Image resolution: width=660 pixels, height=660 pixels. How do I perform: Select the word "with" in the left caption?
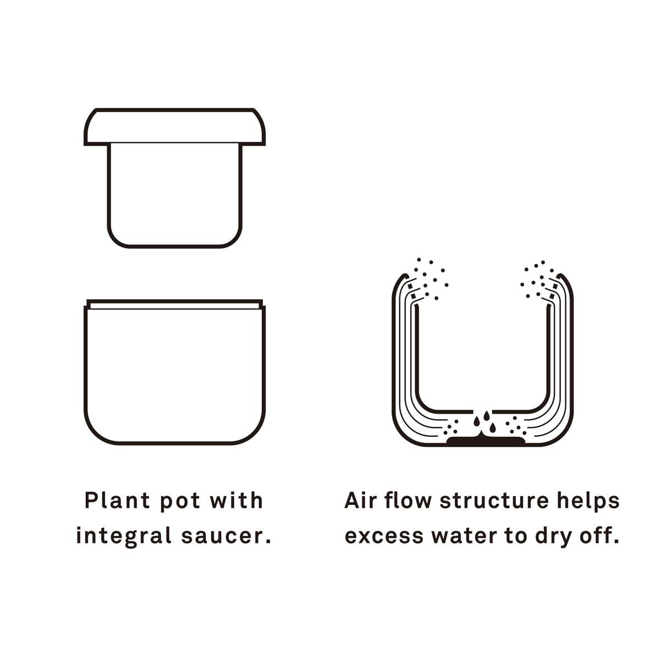pyautogui.click(x=237, y=501)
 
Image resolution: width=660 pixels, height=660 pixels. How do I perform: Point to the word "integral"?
pyautogui.click(x=124, y=536)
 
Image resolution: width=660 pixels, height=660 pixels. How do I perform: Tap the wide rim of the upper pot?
pyautogui.click(x=175, y=127)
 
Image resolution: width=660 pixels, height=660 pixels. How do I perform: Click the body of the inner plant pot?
pyautogui.click(x=175, y=193)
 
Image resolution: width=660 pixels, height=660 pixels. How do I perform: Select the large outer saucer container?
pyautogui.click(x=175, y=374)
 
